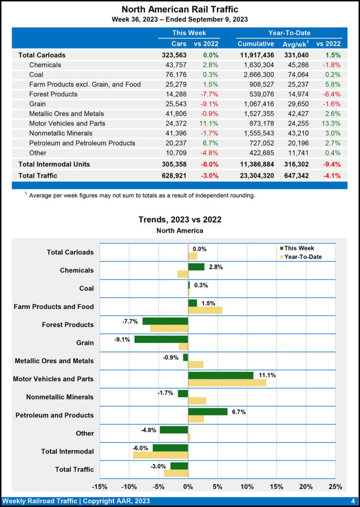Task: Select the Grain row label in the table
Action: pyautogui.click(x=38, y=104)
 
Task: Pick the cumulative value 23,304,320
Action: pyautogui.click(x=256, y=175)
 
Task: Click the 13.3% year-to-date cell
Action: pyautogui.click(x=330, y=123)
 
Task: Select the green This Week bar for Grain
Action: pyautogui.click(x=161, y=339)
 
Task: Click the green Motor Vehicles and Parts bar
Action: pyautogui.click(x=220, y=375)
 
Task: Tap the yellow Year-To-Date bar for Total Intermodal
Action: pyautogui.click(x=160, y=455)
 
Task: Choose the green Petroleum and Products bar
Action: pyautogui.click(x=207, y=411)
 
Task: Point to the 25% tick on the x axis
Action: pyautogui.click(x=335, y=487)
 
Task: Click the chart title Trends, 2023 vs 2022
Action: pyautogui.click(x=179, y=219)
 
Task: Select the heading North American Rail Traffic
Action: pyautogui.click(x=179, y=9)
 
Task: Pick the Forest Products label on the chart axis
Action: pyautogui.click(x=68, y=325)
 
